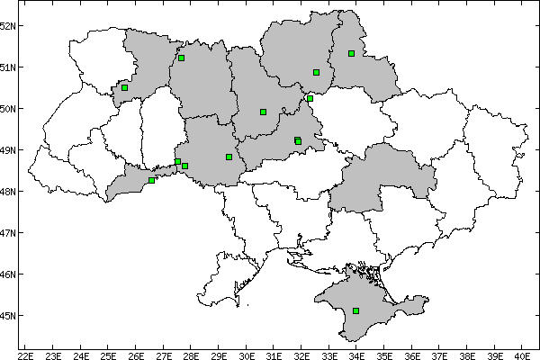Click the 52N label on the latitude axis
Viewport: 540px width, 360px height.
click(8, 25)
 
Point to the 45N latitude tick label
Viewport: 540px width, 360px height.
click(8, 316)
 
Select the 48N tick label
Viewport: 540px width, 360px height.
click(8, 192)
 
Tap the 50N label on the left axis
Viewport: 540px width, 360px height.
click(8, 109)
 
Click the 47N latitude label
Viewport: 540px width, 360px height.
click(8, 233)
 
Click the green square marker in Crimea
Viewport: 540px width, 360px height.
click(356, 310)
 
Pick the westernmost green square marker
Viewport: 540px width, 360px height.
click(125, 87)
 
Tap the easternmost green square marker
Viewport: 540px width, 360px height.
click(351, 53)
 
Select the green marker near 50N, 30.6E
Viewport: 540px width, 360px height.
click(263, 112)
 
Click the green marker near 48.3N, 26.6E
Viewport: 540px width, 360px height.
click(152, 180)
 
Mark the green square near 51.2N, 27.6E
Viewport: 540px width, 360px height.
click(181, 58)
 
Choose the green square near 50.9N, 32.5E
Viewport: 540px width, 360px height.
click(316, 72)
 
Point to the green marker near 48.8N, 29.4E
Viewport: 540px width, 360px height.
click(229, 157)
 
